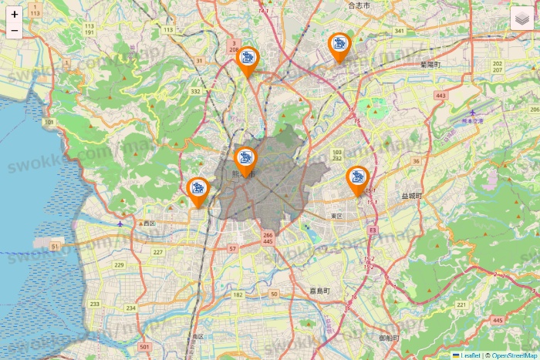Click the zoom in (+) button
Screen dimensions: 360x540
pyautogui.click(x=15, y=14)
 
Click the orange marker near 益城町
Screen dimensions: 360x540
pyautogui.click(x=357, y=180)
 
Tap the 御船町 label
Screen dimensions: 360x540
pyautogui.click(x=390, y=338)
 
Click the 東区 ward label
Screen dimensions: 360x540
pyautogui.click(x=336, y=216)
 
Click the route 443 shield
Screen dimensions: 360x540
pyautogui.click(x=440, y=96)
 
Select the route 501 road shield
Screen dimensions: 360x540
pyautogui.click(x=144, y=348)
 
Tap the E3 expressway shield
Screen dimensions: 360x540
pyautogui.click(x=373, y=230)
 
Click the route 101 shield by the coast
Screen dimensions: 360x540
pyautogui.click(x=50, y=122)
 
